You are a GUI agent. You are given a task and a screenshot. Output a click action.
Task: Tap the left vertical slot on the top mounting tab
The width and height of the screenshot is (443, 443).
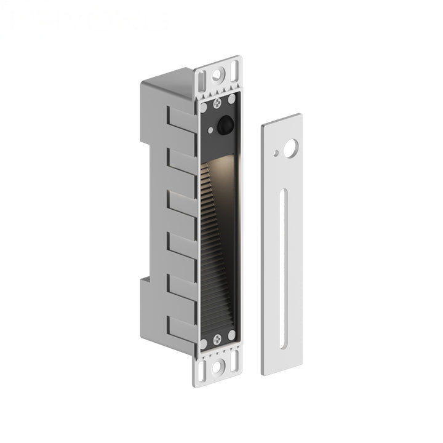[x=202, y=81]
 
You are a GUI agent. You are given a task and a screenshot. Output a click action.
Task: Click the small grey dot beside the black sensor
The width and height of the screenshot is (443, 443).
[x=210, y=130]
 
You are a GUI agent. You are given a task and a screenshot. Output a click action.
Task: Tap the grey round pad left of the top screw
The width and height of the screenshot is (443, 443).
[x=204, y=108]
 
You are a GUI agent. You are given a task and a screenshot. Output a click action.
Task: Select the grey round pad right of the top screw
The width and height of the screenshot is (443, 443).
[x=231, y=98]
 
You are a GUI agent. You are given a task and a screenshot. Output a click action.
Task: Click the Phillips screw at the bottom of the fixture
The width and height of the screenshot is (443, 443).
[x=217, y=339]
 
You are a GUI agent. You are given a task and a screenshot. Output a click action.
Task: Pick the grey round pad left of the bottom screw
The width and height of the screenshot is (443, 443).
[x=204, y=343]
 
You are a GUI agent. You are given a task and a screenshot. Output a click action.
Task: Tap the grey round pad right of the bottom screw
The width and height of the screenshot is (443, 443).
[x=231, y=335]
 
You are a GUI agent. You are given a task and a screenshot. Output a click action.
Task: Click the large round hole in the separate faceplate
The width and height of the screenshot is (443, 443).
[x=290, y=147]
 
